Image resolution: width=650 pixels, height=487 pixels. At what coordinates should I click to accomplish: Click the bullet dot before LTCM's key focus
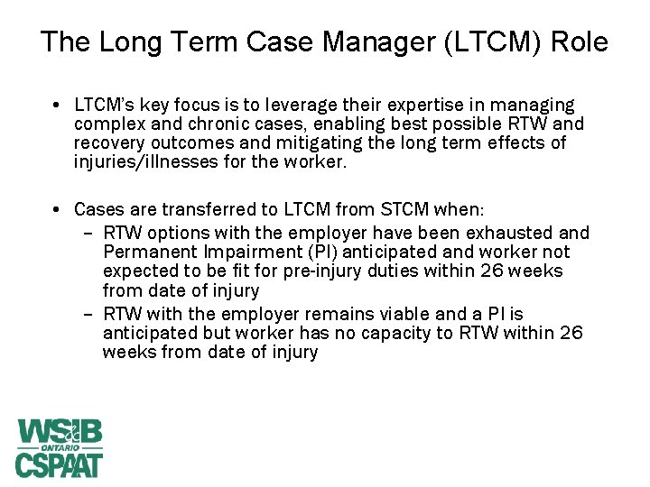pos(57,106)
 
